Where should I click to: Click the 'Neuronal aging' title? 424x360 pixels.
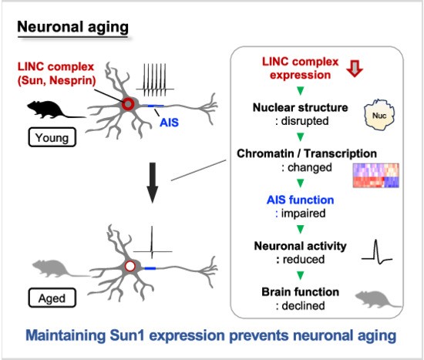pyautogui.click(x=72, y=27)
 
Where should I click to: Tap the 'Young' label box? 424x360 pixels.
pyautogui.click(x=52, y=137)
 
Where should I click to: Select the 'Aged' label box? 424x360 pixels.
pyautogui.click(x=52, y=298)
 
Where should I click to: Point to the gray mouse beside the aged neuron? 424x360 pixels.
pyautogui.click(x=59, y=268)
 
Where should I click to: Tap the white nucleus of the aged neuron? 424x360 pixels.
pyautogui.click(x=130, y=266)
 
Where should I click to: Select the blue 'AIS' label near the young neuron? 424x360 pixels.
pyautogui.click(x=169, y=123)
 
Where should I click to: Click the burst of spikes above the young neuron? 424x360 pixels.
pyautogui.click(x=155, y=80)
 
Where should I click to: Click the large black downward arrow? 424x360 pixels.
pyautogui.click(x=153, y=183)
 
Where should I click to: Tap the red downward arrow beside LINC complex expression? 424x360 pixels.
pyautogui.click(x=355, y=69)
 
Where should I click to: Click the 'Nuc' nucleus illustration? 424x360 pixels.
pyautogui.click(x=379, y=115)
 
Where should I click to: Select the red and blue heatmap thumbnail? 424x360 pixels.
pyautogui.click(x=376, y=175)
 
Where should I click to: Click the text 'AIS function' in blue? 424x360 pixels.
pyautogui.click(x=300, y=200)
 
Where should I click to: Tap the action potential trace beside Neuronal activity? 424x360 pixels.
pyautogui.click(x=376, y=252)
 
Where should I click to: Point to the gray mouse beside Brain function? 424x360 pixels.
pyautogui.click(x=378, y=300)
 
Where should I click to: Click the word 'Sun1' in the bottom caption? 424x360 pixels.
pyautogui.click(x=127, y=335)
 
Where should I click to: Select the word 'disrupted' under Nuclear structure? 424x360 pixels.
pyautogui.click(x=305, y=121)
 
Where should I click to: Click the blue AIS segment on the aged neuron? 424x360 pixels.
pyautogui.click(x=150, y=268)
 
